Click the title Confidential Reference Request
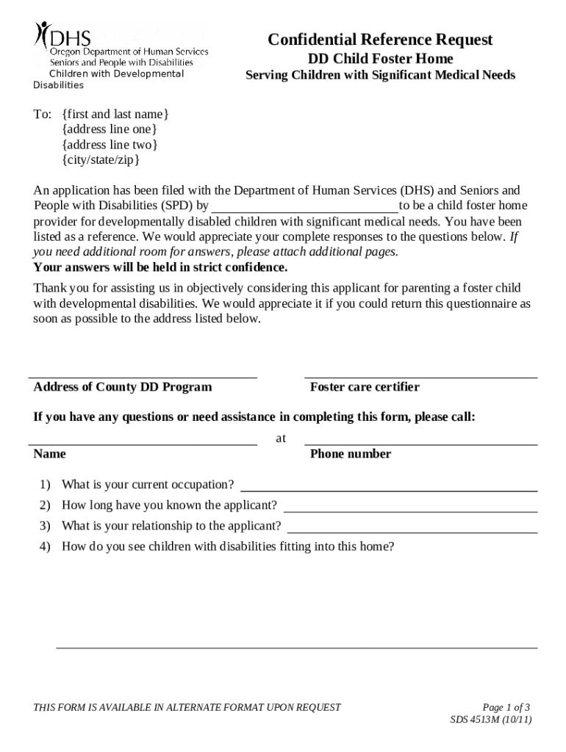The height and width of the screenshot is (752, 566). (380, 40)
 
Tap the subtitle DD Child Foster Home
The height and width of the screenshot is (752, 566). (380, 59)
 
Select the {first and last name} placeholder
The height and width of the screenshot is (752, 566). (115, 114)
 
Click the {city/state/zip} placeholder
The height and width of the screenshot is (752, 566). (101, 159)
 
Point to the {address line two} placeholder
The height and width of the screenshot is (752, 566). (110, 145)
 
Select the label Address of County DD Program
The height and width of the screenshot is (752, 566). (123, 387)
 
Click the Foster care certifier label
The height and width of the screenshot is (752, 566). (365, 387)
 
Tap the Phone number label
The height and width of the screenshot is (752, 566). (351, 454)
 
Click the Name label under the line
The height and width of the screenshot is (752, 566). (49, 454)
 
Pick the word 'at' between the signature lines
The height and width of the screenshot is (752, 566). (281, 438)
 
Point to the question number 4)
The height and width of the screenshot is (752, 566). (45, 546)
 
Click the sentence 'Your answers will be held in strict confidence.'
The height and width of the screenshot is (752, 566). (160, 267)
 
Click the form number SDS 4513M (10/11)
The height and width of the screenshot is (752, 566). (491, 720)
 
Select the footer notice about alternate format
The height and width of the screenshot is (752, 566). (187, 707)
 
